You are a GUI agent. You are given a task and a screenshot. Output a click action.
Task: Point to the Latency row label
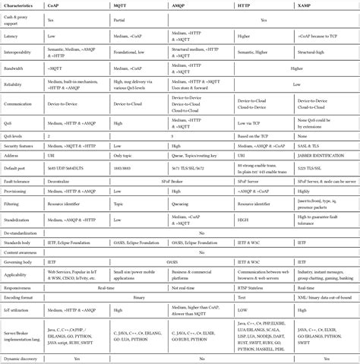tap(11, 36)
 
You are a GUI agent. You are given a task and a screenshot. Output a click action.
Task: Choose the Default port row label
tap(16, 166)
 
